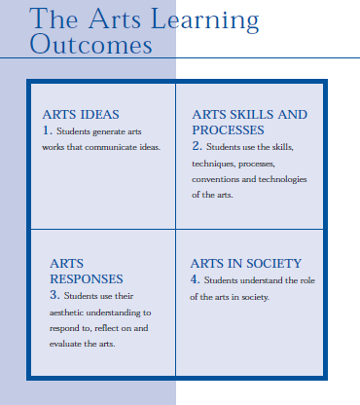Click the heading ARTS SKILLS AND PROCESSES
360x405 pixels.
click(x=249, y=122)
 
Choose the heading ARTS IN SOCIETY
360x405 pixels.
click(x=245, y=263)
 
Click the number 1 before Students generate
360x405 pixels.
click(x=46, y=129)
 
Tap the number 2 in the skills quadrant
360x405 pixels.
click(x=196, y=145)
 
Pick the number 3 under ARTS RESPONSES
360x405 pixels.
click(x=54, y=293)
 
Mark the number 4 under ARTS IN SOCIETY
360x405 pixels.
click(x=195, y=279)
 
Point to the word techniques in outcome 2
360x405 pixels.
click(x=217, y=163)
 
